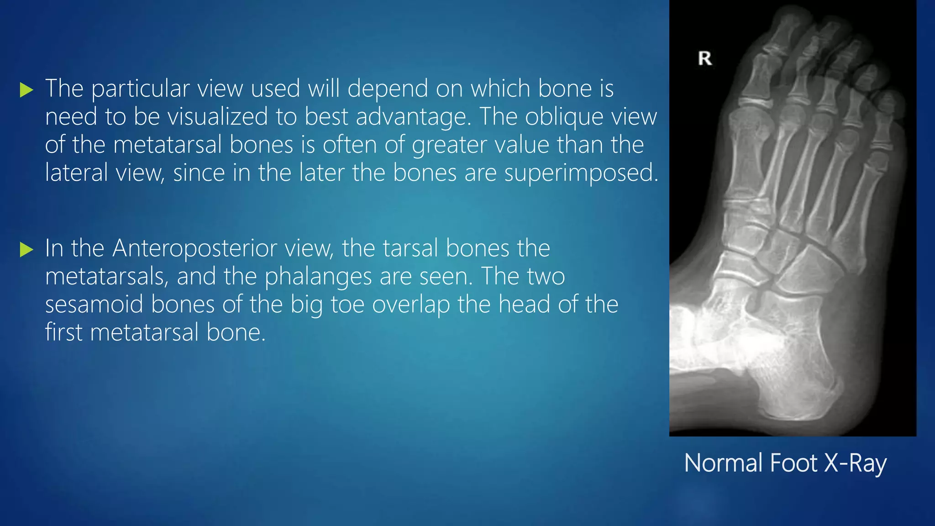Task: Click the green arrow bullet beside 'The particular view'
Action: coord(27,90)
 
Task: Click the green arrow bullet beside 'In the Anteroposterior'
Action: coord(27,250)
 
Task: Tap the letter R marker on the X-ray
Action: coord(705,58)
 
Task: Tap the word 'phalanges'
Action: coord(318,277)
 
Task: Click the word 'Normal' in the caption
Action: coord(723,463)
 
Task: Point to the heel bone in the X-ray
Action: coord(804,388)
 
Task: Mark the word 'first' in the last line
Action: coord(63,332)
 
